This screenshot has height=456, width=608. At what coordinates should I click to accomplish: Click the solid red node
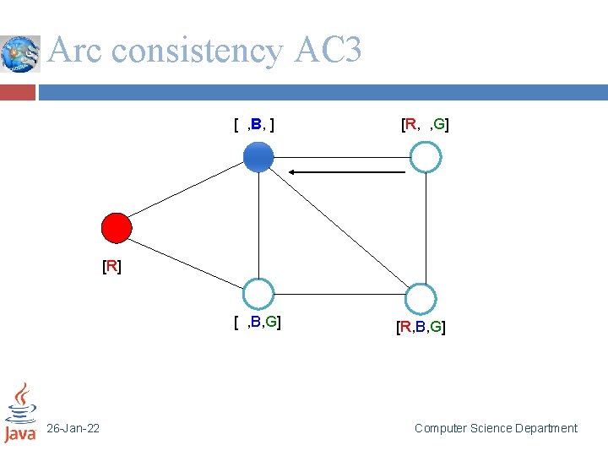117,227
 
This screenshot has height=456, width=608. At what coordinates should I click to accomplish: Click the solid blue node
258,157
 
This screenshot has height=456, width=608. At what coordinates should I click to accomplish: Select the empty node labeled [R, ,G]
426,157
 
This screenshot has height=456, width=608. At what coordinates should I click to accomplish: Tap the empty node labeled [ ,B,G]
258,294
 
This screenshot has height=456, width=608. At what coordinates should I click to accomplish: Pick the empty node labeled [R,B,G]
420,298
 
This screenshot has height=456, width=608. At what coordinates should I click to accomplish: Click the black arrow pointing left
347,172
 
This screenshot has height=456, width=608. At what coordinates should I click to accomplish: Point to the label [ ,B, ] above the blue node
256,126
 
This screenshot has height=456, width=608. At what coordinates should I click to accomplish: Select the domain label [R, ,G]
425,126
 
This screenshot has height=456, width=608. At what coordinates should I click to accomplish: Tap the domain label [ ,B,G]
258,322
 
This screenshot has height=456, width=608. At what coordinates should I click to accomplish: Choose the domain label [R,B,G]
421,327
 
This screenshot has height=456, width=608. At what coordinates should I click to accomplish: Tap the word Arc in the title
76,52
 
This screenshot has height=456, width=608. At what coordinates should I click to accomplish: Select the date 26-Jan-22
73,429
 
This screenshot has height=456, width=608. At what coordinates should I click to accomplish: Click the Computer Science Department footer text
496,429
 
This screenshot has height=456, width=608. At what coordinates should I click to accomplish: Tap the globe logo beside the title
20,54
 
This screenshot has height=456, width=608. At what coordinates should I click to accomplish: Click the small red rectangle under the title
18,91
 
